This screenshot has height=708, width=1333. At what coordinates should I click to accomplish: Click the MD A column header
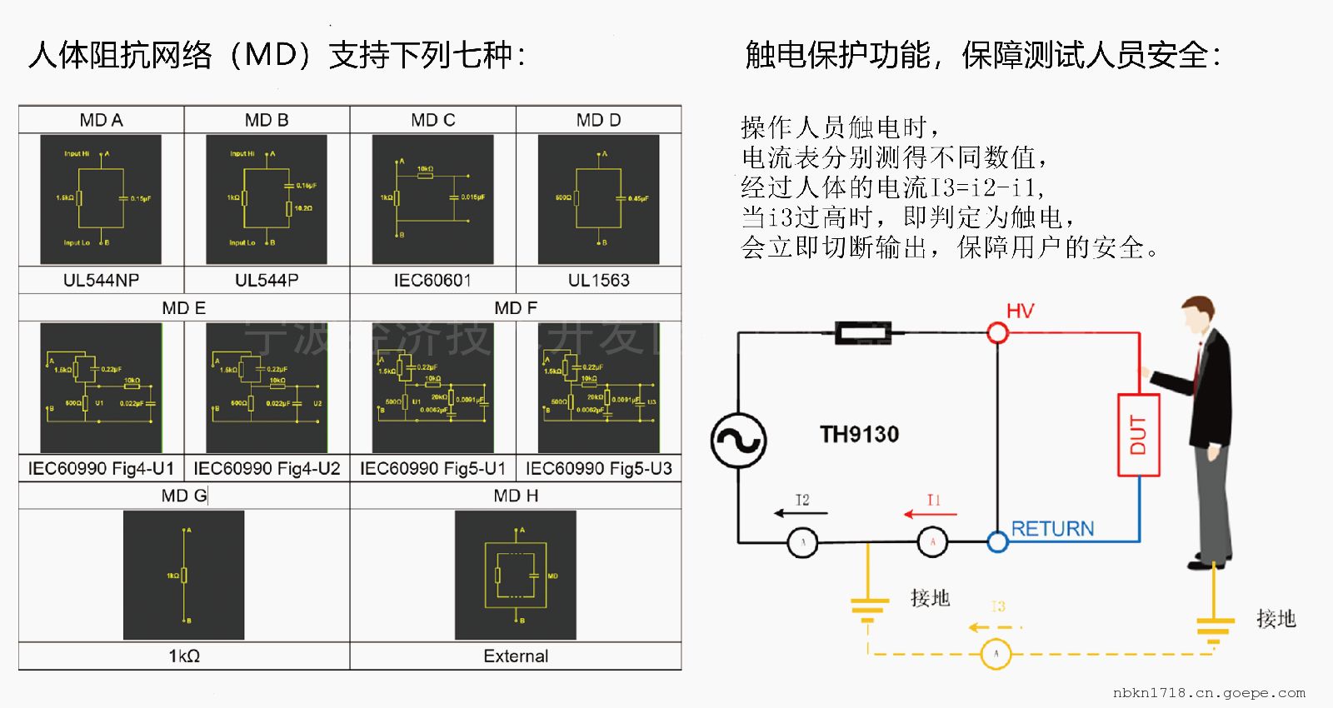click(x=101, y=120)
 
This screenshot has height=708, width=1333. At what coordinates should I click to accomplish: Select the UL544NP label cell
click(x=101, y=281)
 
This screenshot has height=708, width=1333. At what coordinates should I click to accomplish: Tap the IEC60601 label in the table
click(x=432, y=281)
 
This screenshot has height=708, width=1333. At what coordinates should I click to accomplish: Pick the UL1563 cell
click(x=598, y=281)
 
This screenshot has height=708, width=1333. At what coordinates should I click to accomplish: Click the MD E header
click(x=183, y=308)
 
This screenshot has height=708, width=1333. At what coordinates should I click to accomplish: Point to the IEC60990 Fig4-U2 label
click(x=267, y=469)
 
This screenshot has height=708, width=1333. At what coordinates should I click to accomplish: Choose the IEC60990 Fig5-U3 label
click(x=598, y=469)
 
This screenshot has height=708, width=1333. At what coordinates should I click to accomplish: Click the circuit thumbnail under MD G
click(x=183, y=575)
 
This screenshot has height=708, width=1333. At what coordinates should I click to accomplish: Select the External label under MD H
click(x=516, y=656)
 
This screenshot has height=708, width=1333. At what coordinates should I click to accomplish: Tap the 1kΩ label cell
click(x=183, y=656)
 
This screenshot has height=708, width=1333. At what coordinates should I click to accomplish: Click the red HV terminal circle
click(x=997, y=334)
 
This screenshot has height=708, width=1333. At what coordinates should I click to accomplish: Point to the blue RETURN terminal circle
click(x=997, y=542)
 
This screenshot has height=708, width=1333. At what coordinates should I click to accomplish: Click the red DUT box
click(x=1138, y=435)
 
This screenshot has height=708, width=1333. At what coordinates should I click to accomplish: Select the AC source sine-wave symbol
click(x=738, y=441)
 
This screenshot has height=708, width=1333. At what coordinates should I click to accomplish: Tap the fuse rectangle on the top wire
click(x=863, y=334)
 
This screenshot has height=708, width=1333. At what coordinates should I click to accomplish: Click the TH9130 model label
click(x=859, y=435)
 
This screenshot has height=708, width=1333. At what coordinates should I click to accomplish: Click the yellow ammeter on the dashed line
click(x=996, y=654)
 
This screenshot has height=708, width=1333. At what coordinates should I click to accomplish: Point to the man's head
click(x=1200, y=314)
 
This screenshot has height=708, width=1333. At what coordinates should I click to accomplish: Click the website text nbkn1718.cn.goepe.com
click(x=1209, y=693)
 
